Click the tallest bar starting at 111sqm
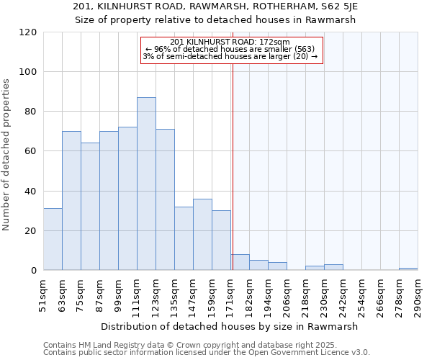(x=146, y=184)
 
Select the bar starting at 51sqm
(x=53, y=239)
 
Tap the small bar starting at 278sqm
(x=408, y=269)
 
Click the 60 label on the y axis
(x=31, y=151)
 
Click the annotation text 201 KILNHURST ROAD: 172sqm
(x=230, y=42)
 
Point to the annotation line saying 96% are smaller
(x=230, y=49)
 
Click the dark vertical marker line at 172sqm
(x=233, y=166)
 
